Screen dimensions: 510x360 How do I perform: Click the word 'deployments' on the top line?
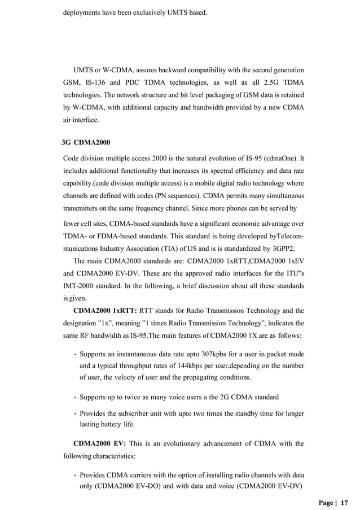pyautogui.click(x=82, y=11)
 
